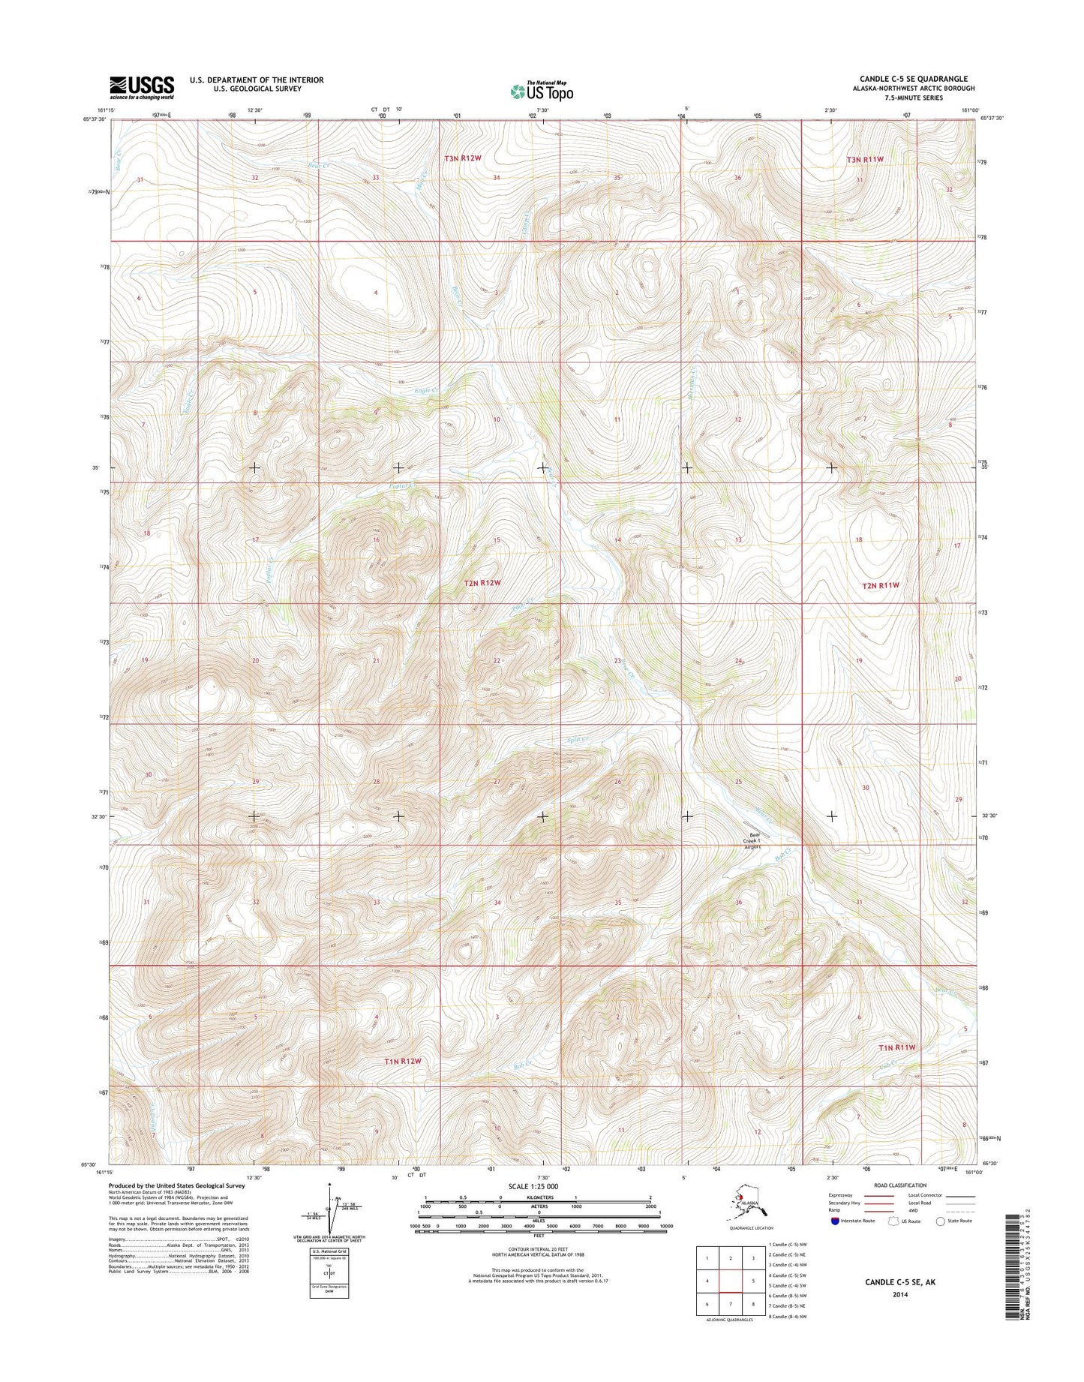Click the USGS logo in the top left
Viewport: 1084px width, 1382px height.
tap(142, 87)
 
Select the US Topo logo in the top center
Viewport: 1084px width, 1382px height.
tap(542, 91)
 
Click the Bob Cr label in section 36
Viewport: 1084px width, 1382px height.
tap(782, 872)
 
